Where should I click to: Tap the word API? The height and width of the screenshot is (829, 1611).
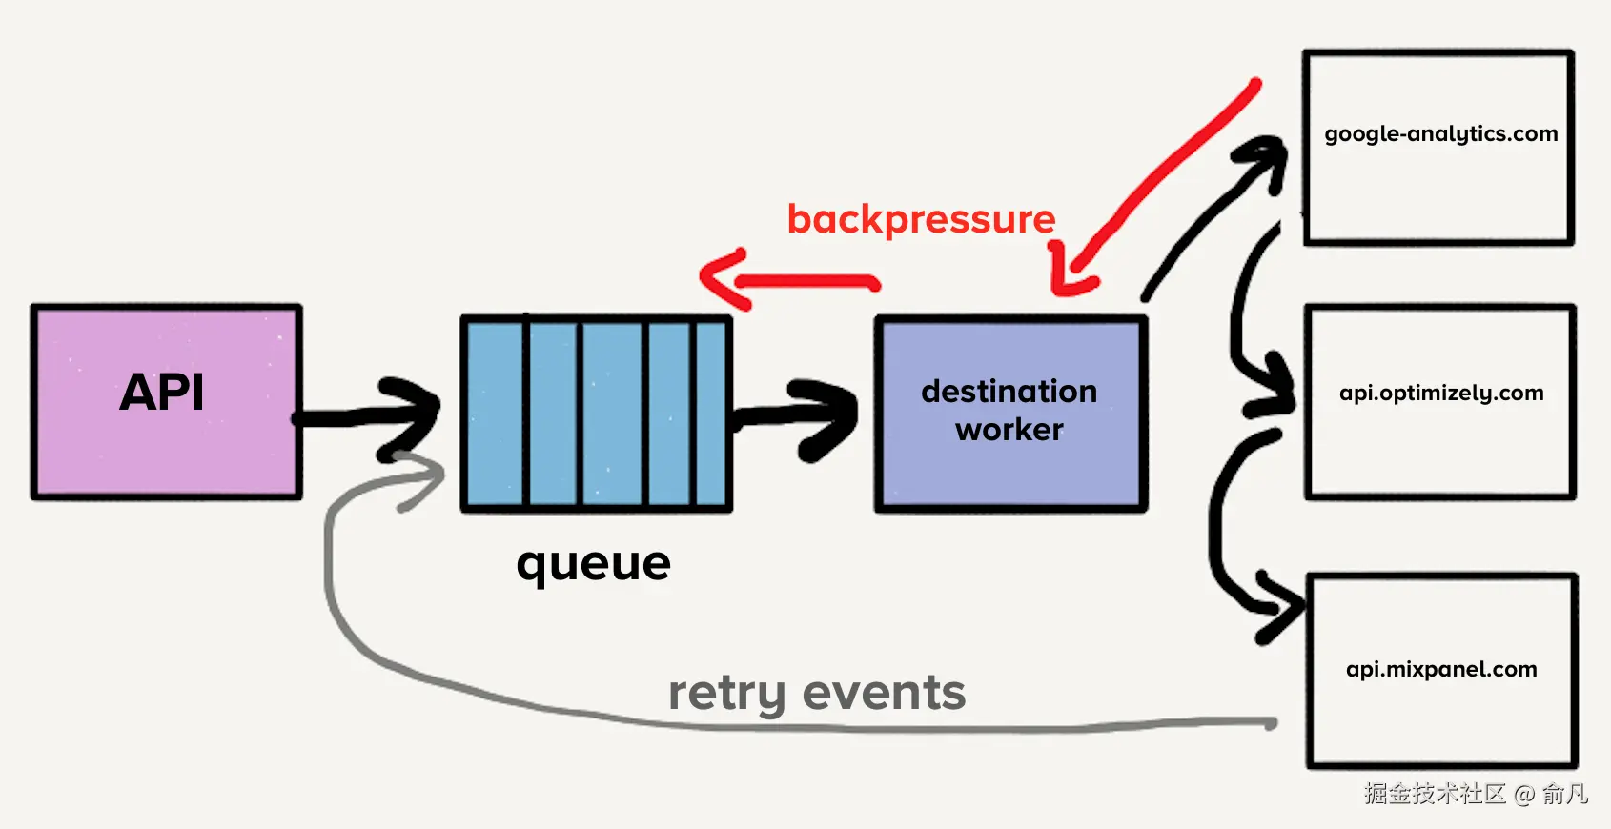point(162,393)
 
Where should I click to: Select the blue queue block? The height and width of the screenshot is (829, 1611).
point(596,414)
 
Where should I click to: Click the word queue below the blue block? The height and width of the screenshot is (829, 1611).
point(593,564)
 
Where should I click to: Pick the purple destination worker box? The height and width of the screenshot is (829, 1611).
point(1010,472)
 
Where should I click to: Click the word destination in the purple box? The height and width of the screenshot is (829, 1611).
point(1009,392)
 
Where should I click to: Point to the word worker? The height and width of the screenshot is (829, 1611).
point(1009,430)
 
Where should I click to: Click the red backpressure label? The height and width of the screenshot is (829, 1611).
point(921,219)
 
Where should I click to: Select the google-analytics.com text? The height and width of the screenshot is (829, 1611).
point(1440,134)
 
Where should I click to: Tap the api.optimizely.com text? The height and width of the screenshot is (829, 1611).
point(1440,393)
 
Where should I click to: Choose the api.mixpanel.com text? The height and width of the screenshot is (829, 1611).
point(1440,669)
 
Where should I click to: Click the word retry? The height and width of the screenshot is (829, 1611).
point(726,694)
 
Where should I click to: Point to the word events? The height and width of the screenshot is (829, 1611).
point(884,693)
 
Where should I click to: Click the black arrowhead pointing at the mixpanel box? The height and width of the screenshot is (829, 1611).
point(1282,605)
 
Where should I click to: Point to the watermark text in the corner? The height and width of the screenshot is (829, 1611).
point(1475,794)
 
